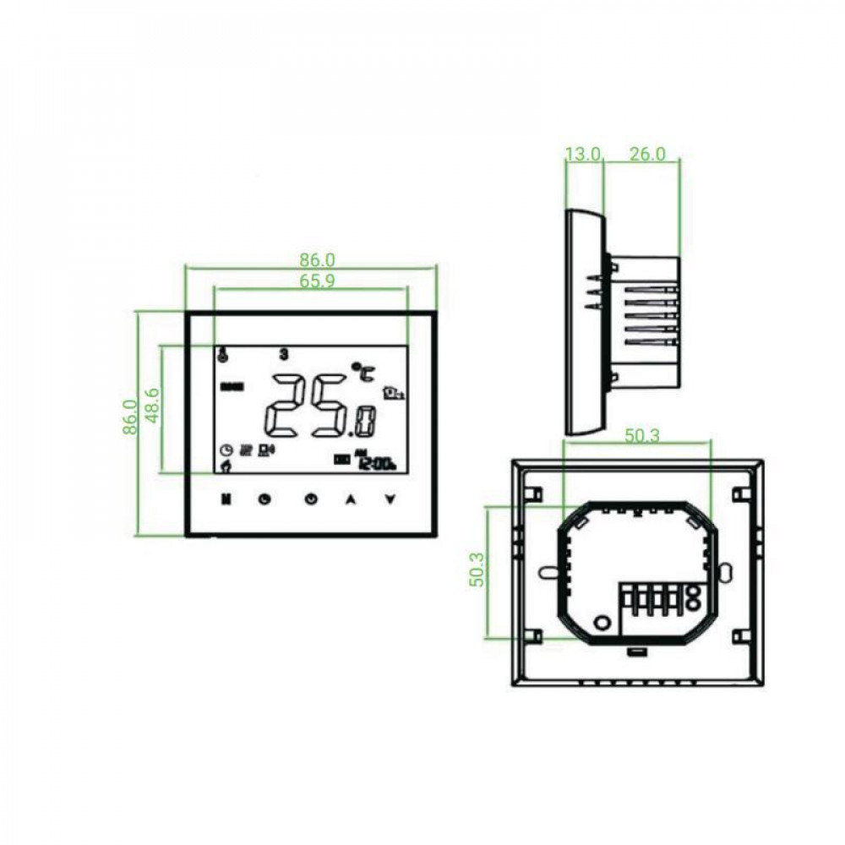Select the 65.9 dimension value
tap(317, 281)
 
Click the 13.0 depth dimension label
tap(583, 154)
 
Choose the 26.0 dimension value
tap(648, 154)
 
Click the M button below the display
tap(226, 499)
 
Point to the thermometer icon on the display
tap(222, 355)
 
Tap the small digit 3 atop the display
tap(284, 355)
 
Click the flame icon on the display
tap(225, 465)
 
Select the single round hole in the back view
tap(602, 622)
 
